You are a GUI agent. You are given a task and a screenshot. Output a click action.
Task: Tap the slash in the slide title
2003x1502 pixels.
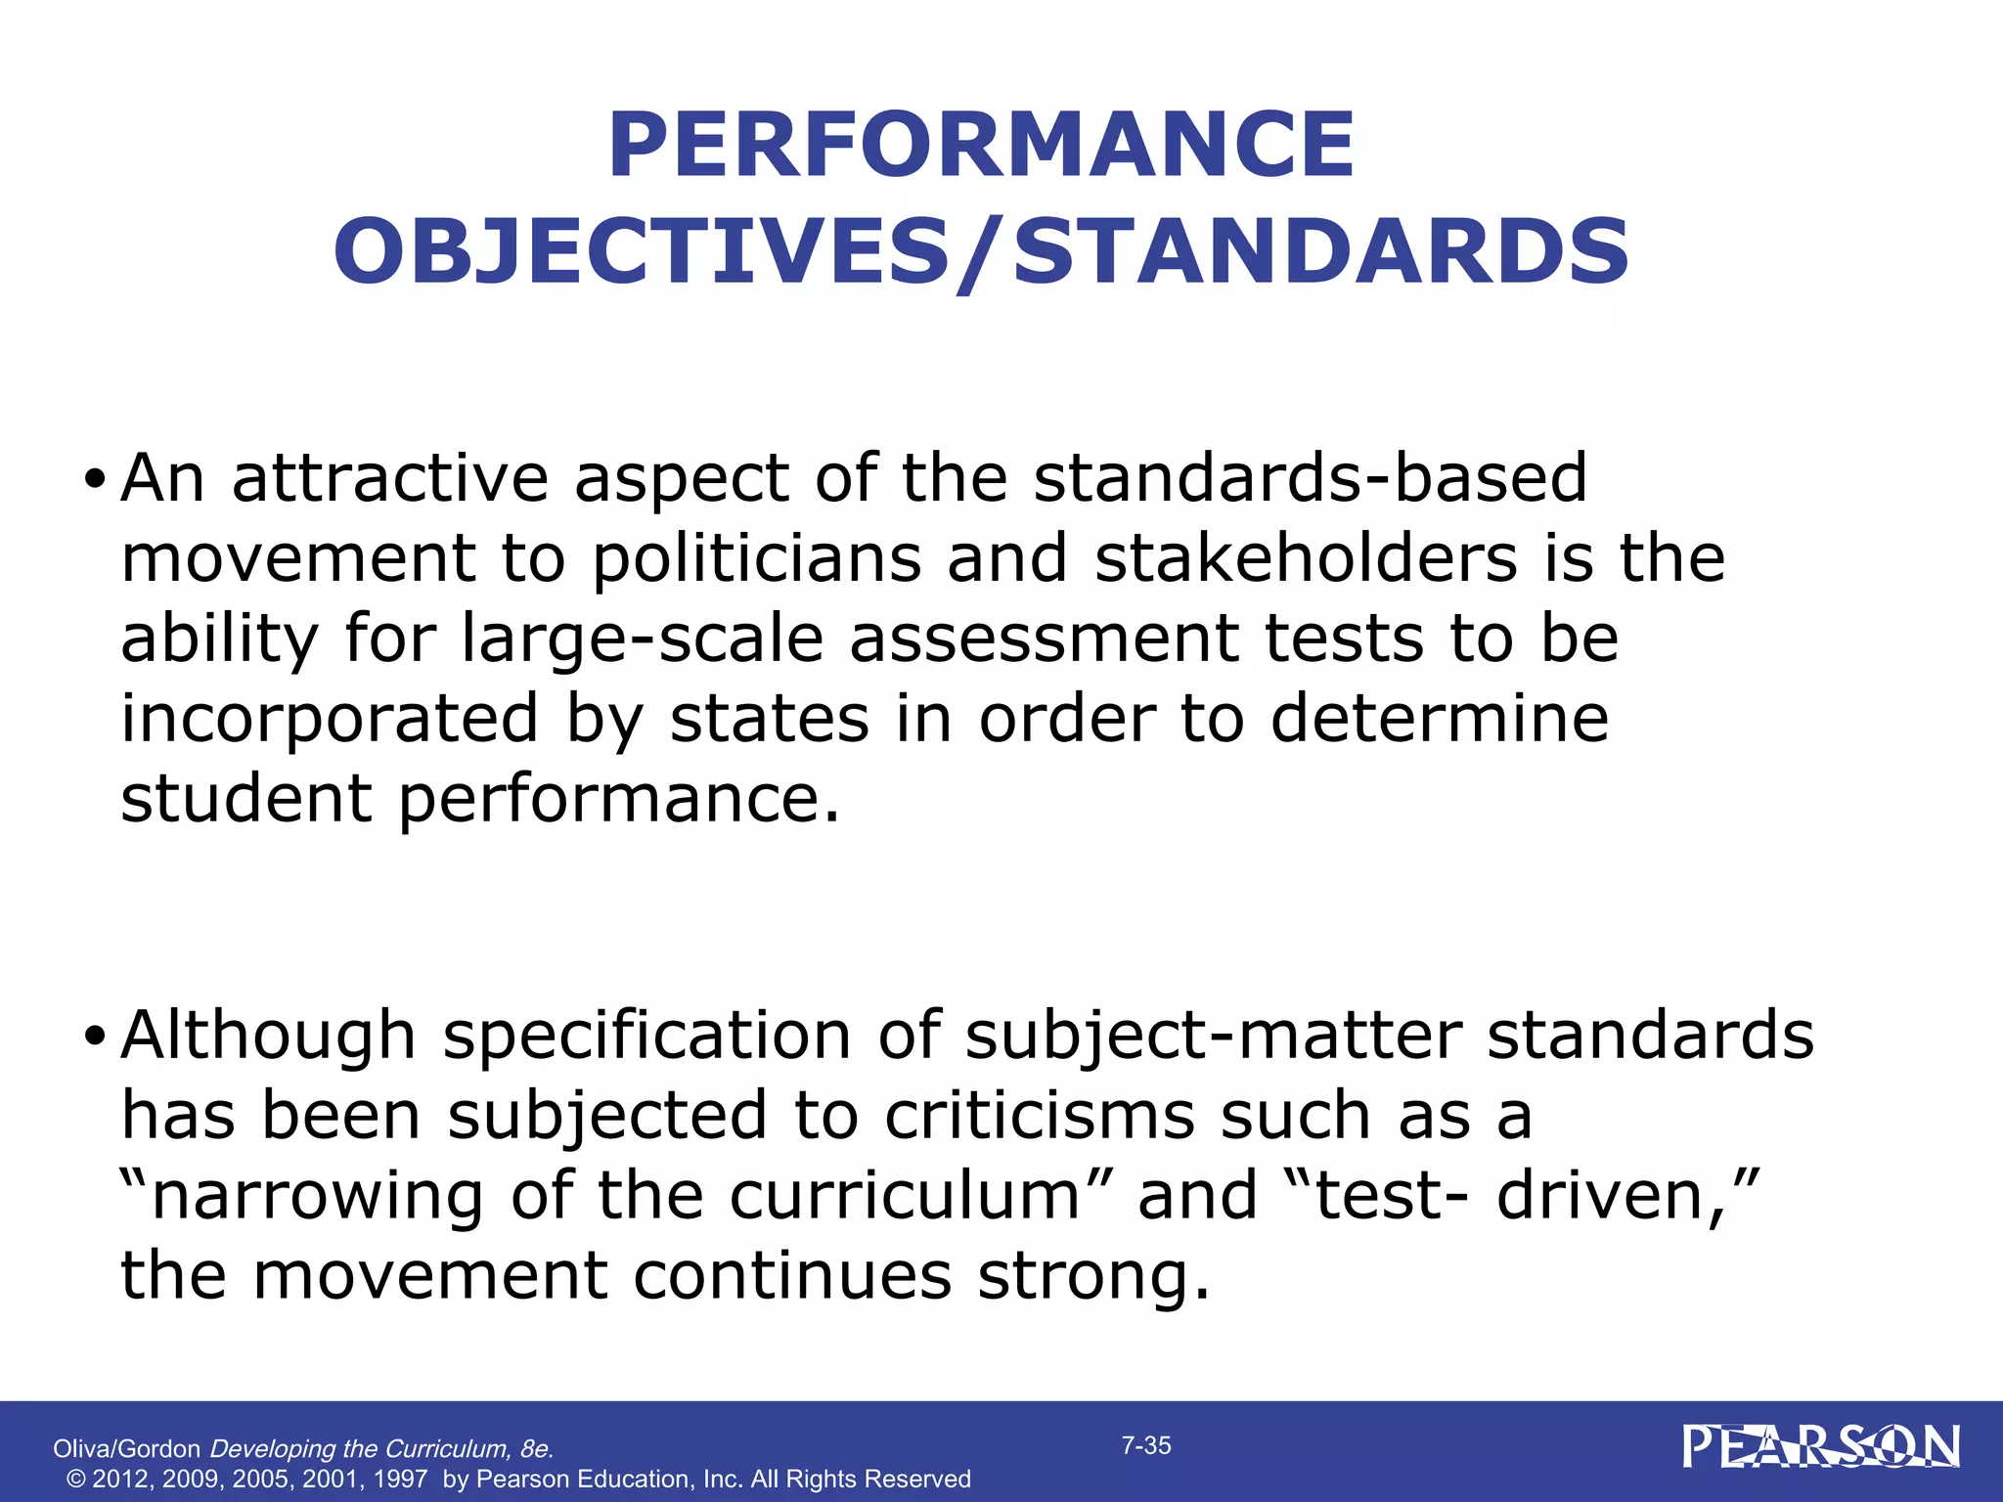click(981, 252)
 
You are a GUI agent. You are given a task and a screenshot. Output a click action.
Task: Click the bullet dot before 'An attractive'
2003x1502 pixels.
click(94, 480)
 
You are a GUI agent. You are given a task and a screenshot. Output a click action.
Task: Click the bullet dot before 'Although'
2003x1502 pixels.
click(94, 1037)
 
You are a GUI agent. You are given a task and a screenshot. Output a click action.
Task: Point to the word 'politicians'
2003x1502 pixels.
click(757, 559)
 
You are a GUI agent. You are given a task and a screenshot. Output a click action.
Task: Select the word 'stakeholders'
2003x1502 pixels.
click(1306, 559)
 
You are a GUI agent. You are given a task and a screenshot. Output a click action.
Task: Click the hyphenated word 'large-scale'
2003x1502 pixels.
click(643, 640)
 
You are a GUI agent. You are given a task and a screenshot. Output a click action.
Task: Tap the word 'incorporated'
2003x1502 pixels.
click(330, 719)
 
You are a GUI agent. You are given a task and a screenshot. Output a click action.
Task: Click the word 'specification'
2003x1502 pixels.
click(646, 1037)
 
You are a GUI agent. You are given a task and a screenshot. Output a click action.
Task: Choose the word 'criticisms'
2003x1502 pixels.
click(1040, 1117)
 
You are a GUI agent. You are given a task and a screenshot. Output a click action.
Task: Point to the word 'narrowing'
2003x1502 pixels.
click(317, 1197)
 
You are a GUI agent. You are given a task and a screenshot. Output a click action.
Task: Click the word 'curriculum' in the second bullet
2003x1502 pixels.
click(904, 1197)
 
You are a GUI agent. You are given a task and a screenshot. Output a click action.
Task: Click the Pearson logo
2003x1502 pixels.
click(1820, 1447)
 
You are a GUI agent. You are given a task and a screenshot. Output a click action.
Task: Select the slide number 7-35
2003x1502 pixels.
click(1146, 1446)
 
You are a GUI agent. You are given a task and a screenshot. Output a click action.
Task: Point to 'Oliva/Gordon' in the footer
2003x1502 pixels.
click(126, 1449)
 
